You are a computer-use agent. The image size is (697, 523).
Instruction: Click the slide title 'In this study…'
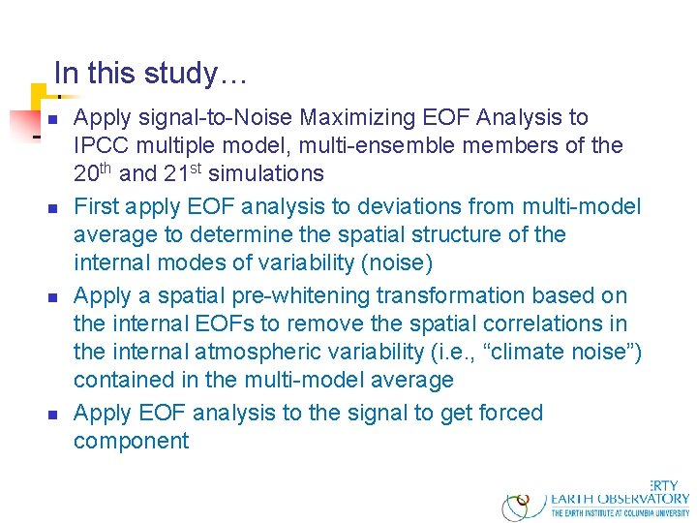coord(150,74)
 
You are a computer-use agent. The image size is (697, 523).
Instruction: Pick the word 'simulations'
coord(268,174)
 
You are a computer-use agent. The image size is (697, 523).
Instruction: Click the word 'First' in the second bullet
coord(97,206)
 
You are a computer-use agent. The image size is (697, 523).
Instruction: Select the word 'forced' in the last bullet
coord(511,413)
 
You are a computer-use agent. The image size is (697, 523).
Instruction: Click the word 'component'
coord(131,441)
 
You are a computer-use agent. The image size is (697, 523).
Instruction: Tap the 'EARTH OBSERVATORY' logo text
coord(620,499)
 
